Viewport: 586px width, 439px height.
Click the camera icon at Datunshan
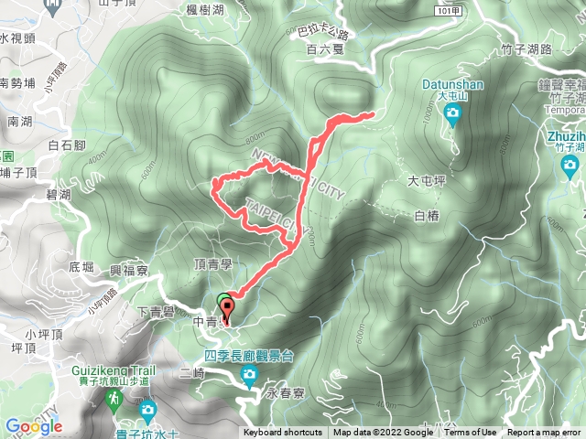[452, 114]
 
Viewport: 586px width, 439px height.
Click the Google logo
[33, 426]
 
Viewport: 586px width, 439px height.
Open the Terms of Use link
[471, 433]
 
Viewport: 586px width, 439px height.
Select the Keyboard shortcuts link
[283, 433]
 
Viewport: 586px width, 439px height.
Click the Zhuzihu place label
[562, 134]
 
